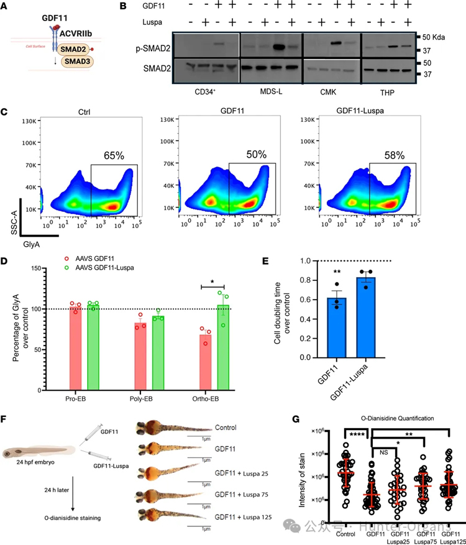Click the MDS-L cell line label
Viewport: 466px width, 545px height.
pyautogui.click(x=272, y=91)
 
